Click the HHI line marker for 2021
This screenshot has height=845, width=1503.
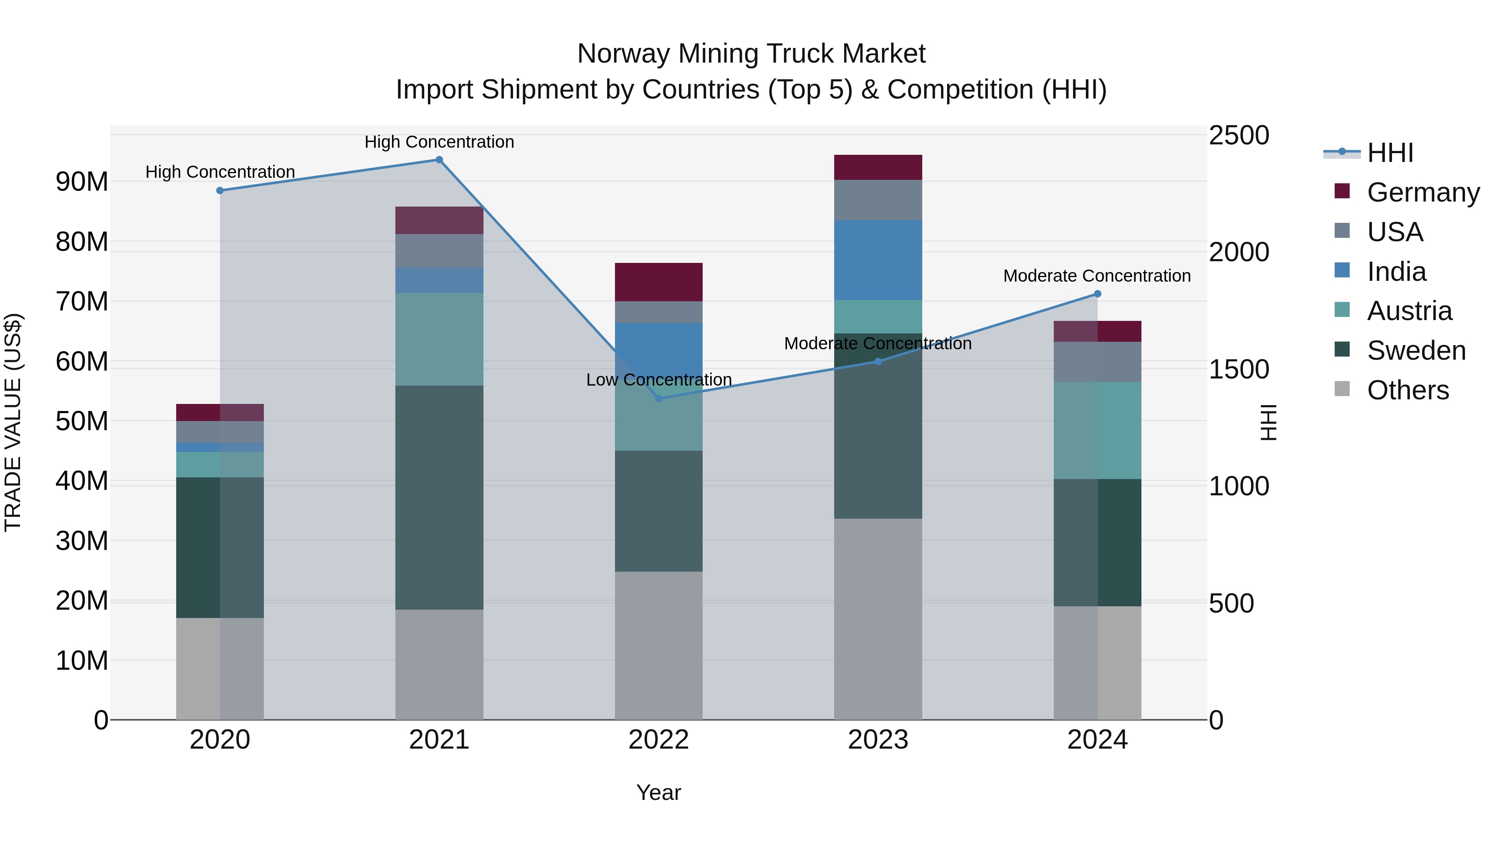pos(439,160)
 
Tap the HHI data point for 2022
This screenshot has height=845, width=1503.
pos(659,399)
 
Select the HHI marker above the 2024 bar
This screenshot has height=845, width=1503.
pos(1098,294)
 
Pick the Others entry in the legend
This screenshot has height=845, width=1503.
pos(1407,390)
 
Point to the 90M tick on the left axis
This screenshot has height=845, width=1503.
pos(82,182)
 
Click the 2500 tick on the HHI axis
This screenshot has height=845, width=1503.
pos(1239,135)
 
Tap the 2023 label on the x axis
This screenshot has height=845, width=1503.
pos(878,739)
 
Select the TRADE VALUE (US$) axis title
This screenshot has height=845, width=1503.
pos(13,422)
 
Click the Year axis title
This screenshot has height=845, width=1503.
pos(659,792)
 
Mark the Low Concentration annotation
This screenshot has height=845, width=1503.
pos(659,380)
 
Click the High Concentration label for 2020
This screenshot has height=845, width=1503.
pos(220,172)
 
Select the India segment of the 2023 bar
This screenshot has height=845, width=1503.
pos(878,260)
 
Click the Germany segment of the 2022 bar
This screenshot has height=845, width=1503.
pos(659,282)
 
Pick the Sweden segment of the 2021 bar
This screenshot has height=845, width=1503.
pos(439,497)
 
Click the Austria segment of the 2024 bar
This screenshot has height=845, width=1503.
pos(1098,430)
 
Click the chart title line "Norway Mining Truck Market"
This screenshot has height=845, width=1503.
pos(751,54)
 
